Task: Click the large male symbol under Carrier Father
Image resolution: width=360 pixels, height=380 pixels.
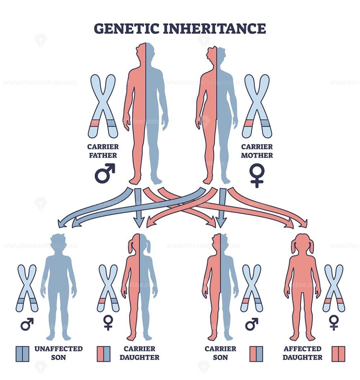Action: (104, 173)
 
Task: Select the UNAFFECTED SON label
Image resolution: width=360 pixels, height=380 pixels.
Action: (58, 353)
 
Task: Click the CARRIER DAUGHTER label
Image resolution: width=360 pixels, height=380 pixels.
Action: (139, 353)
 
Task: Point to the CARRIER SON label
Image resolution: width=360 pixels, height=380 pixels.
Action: (220, 353)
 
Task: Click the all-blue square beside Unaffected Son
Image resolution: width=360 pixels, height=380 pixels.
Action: (23, 354)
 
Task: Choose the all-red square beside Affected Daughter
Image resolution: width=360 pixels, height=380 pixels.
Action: (338, 354)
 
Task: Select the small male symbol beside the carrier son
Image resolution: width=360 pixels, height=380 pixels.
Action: (252, 324)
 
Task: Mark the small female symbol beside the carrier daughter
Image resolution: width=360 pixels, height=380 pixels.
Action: (108, 322)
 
